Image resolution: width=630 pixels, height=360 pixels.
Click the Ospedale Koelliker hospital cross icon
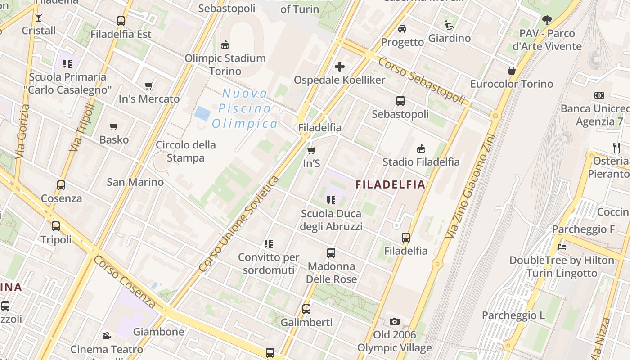coord(340,67)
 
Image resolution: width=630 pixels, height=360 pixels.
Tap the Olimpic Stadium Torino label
coord(225,64)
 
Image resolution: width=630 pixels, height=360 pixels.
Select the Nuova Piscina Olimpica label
coord(245,108)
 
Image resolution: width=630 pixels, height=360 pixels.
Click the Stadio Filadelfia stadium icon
coord(421,148)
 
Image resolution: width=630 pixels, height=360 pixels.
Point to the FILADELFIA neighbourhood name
coord(390,184)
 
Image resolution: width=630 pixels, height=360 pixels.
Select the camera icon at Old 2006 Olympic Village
coord(395,321)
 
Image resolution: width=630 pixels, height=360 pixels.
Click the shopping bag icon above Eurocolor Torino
coord(512,71)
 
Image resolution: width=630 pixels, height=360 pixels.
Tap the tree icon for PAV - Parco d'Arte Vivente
coord(547,20)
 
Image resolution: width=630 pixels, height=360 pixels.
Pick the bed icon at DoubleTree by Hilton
coord(562,247)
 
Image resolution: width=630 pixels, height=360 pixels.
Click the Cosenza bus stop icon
coord(61,185)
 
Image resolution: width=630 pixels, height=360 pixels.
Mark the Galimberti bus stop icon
coord(306,309)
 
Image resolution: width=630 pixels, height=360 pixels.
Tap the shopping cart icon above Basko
coord(114,127)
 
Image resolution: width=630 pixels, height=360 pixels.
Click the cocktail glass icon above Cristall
coord(39,18)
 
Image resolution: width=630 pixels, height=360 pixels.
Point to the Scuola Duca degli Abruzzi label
coord(331,220)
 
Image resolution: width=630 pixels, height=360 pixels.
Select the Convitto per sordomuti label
coord(269,263)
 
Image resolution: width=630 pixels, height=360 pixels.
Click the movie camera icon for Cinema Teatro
coord(107,336)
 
